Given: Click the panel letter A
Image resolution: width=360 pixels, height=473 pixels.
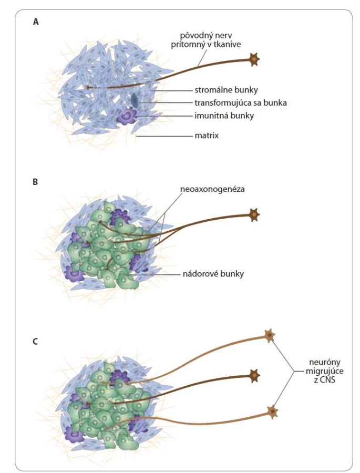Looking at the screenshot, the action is tap(36, 22).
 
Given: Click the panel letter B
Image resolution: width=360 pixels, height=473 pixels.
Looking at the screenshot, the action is tap(35, 182).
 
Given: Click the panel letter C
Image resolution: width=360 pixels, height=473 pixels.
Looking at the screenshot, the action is tap(35, 342).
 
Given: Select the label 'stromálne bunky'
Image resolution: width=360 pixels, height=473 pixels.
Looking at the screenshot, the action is tap(226, 90).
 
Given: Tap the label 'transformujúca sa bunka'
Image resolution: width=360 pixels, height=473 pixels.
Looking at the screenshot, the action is tap(241, 103).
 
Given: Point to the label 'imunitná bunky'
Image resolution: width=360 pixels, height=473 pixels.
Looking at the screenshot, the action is tap(224, 116).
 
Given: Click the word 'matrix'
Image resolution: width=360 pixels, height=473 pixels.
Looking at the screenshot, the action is tap(207, 136).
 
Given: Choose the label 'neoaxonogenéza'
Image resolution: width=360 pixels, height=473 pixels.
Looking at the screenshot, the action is tap(212, 189).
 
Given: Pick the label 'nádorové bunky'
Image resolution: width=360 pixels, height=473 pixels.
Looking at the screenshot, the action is tap(213, 274).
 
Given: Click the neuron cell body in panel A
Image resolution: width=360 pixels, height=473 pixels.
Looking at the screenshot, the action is tap(254, 60).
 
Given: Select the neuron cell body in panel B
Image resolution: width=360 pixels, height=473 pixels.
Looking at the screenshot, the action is tap(254, 214).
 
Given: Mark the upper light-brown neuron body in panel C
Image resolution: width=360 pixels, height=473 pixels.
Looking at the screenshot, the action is tap(269, 336).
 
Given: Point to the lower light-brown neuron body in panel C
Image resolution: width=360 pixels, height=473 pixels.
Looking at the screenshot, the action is tap(272, 412).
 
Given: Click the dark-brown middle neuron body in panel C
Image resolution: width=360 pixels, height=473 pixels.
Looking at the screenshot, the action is tap(254, 376).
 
